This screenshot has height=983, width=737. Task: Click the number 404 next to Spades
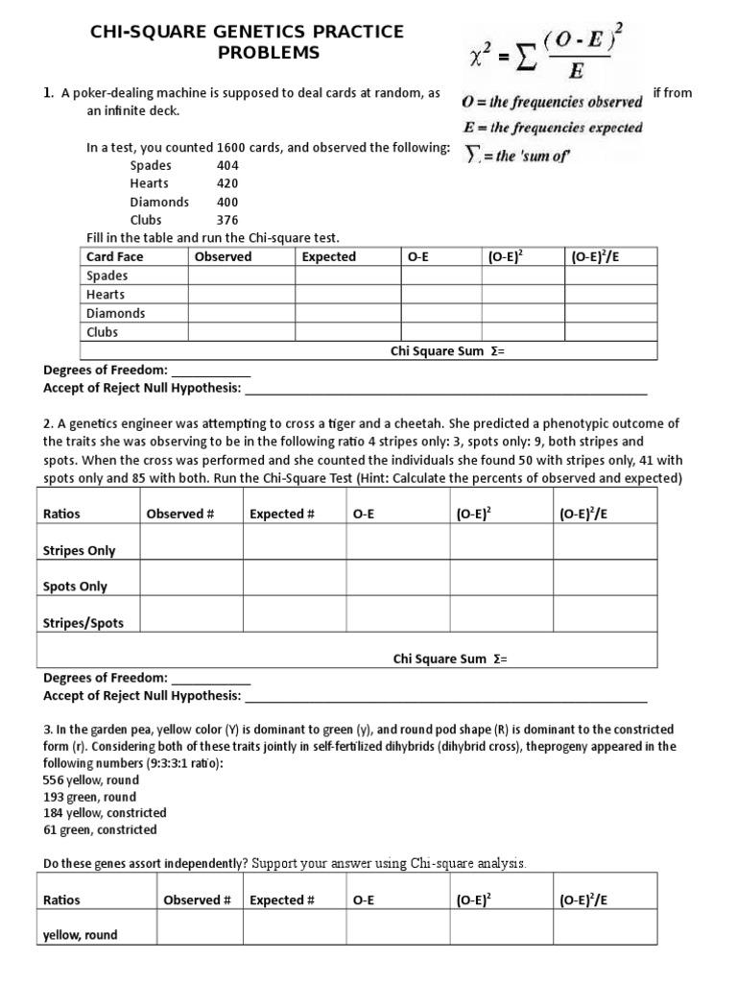[x=227, y=165]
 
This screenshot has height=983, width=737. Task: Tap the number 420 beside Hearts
[x=227, y=183]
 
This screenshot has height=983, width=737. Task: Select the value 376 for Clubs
[x=227, y=220]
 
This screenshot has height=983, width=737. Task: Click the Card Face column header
[x=114, y=257]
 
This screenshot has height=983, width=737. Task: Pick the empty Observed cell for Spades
[x=241, y=276]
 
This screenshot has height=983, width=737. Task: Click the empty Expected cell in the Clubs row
[x=347, y=332]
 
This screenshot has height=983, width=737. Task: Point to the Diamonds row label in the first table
[x=115, y=313]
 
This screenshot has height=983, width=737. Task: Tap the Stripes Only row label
[x=79, y=551]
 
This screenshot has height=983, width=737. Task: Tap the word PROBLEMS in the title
[x=268, y=53]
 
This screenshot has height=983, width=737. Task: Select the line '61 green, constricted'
[x=100, y=829]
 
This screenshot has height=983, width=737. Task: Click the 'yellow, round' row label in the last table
[x=81, y=935]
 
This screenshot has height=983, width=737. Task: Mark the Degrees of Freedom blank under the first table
[x=210, y=370]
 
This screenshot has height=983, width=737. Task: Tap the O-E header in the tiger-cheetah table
[x=363, y=515]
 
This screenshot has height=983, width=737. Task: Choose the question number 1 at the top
[x=46, y=93]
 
